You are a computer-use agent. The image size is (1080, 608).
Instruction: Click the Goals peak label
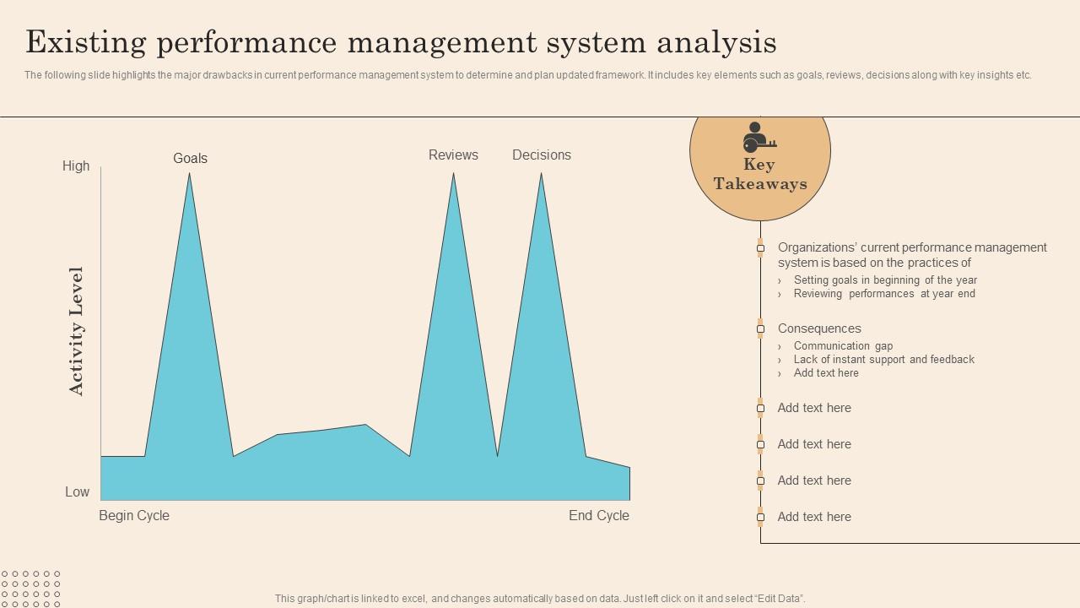190,158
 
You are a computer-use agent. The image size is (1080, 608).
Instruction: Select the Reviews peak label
453,155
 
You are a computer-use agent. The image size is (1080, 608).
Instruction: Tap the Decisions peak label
542,155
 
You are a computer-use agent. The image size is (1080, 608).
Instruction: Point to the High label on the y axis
76,166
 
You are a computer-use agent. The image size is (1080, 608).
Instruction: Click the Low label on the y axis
78,491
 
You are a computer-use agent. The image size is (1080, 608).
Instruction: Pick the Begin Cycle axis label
134,515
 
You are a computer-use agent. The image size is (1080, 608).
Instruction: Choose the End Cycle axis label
599,515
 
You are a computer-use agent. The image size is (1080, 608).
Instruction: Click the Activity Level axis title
77,331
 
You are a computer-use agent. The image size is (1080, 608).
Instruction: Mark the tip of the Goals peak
189,174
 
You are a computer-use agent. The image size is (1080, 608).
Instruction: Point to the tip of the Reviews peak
454,174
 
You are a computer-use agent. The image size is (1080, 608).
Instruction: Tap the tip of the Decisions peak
541,174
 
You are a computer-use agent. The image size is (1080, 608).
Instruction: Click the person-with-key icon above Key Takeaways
759,137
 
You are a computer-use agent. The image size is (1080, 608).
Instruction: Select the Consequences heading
819,328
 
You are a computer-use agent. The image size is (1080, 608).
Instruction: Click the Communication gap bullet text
843,345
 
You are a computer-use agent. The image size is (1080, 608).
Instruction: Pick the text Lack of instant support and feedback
883,359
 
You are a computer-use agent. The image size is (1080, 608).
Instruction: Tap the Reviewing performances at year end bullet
884,293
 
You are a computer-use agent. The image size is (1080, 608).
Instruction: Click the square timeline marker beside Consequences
760,328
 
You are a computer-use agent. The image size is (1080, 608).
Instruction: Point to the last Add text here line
814,517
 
